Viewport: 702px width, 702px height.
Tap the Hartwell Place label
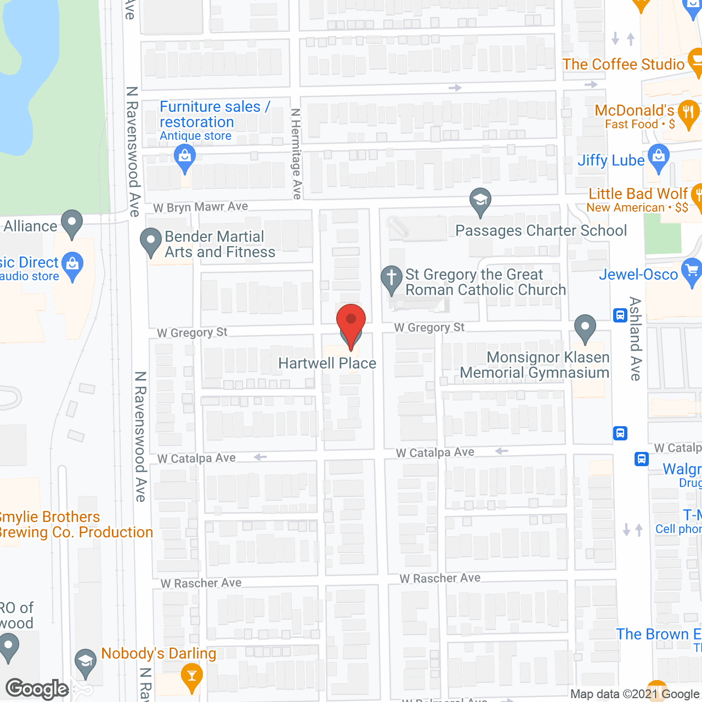coord(327,363)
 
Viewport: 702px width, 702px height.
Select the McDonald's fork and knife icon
coord(688,112)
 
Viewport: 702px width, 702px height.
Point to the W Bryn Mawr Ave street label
coord(201,207)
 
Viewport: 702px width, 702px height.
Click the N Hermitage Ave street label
coord(296,154)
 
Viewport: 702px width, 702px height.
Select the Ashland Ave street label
coord(635,338)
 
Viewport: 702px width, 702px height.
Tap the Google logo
coord(37,689)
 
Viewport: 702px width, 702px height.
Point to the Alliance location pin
coord(71,223)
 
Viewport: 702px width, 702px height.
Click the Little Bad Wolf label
coord(638,194)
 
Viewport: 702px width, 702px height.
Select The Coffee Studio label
coord(624,64)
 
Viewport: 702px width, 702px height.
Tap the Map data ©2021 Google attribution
coord(635,694)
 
